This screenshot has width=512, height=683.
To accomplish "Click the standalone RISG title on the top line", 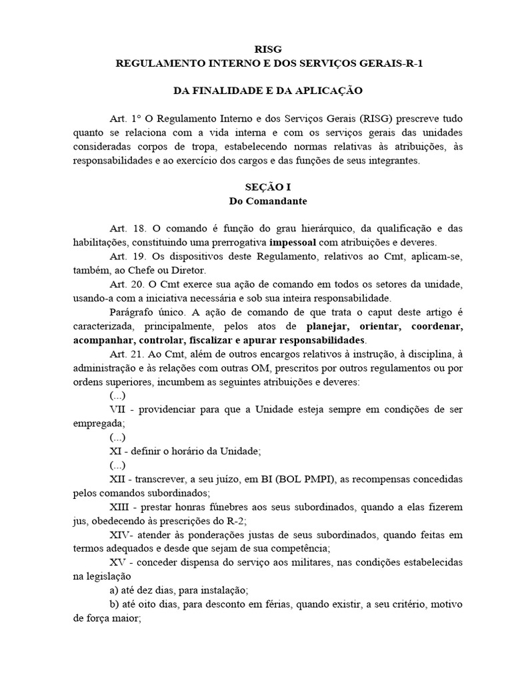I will coord(269,49).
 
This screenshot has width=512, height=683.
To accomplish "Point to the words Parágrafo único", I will coord(144,313).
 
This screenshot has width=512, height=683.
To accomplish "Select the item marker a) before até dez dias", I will coord(113,590).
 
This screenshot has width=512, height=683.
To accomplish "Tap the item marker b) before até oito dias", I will coord(113,604).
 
